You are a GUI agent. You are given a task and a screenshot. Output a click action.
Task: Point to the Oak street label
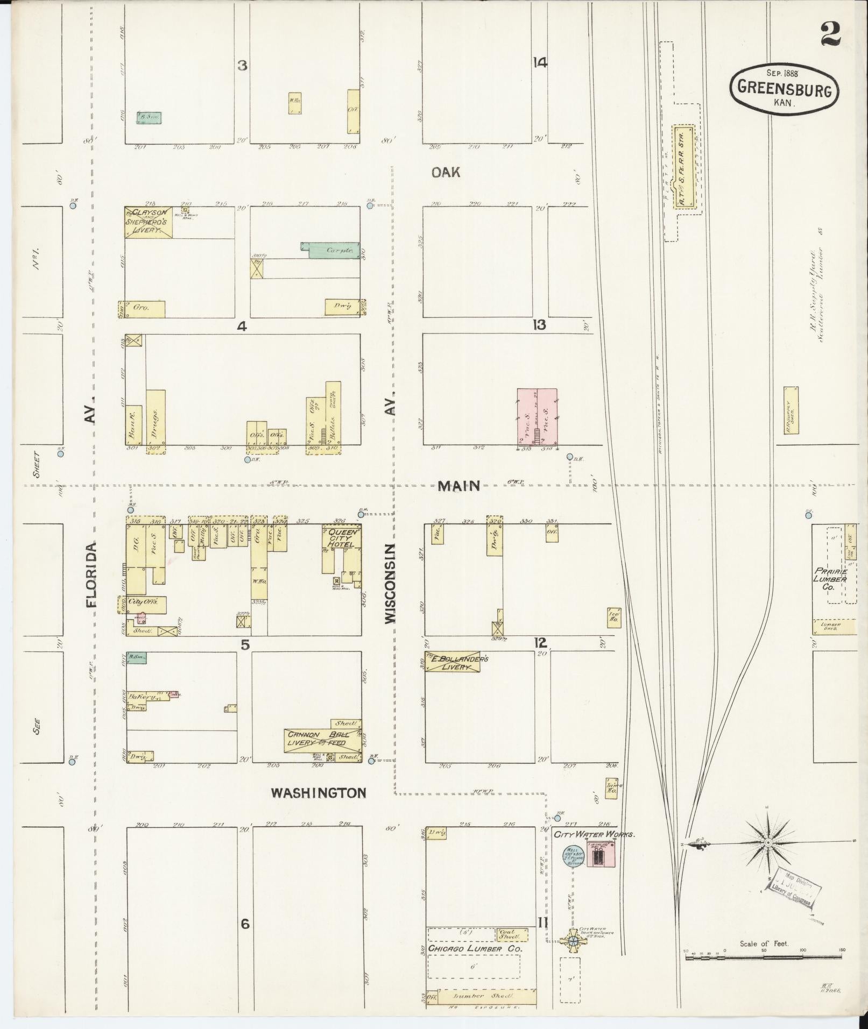pyautogui.click(x=446, y=172)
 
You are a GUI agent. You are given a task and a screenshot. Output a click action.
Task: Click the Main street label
pyautogui.click(x=458, y=486)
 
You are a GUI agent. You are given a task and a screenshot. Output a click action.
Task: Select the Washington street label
pyautogui.click(x=319, y=792)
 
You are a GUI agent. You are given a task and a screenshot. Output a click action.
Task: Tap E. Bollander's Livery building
pyautogui.click(x=453, y=662)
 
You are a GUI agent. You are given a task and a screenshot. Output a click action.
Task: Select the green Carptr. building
pyautogui.click(x=330, y=250)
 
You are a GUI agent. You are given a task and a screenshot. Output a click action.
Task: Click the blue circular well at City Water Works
pyautogui.click(x=570, y=856)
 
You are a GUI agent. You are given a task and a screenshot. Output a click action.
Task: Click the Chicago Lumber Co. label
pyautogui.click(x=475, y=950)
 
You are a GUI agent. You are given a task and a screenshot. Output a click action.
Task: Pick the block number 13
pyautogui.click(x=539, y=325)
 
